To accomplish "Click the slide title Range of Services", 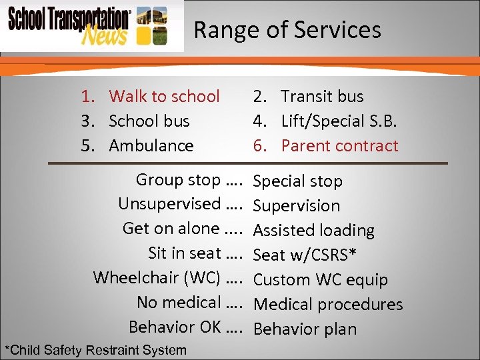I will coord(287,30).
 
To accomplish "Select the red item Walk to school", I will coord(163,97).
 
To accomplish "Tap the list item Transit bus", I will coord(321,97).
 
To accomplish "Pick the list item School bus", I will coord(149,121).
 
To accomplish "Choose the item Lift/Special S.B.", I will coord(339,121).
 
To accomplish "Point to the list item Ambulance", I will coord(151,146).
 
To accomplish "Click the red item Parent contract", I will coord(339,146).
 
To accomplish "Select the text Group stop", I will coord(177,180).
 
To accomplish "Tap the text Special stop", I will coord(298,181).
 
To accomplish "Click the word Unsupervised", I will coord(169,204).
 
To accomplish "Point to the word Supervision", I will coord(297,206).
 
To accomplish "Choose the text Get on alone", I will coord(171,229).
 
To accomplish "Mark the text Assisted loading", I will coord(314,231).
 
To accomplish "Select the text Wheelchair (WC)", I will coord(157,277).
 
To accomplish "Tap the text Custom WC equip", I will coord(321,280).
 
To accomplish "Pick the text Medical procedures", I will coord(329,305).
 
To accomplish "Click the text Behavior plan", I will coord(305,329).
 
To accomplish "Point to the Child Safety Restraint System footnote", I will coord(95,350).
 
